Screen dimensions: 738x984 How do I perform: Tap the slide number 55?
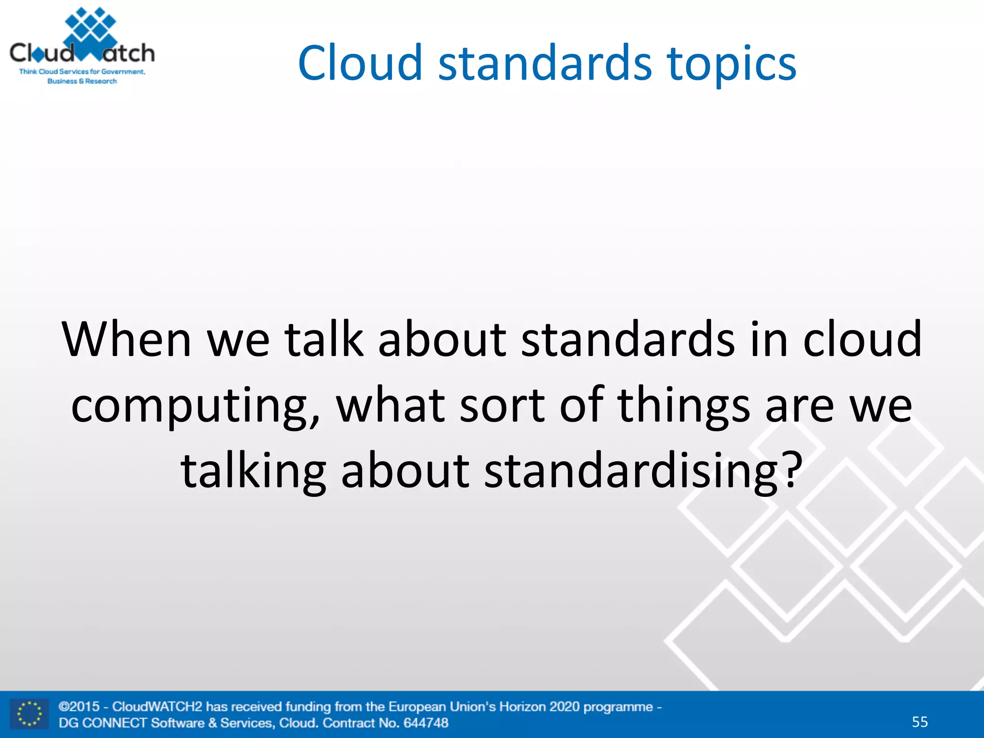[920, 722]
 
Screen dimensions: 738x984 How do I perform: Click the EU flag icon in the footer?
[29, 714]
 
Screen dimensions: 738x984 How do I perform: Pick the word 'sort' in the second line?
[502, 406]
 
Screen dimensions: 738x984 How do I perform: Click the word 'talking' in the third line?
[253, 472]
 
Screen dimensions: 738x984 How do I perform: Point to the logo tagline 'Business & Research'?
[82, 81]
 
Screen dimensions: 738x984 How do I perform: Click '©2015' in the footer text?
[79, 707]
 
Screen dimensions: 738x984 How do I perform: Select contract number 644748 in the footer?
[426, 723]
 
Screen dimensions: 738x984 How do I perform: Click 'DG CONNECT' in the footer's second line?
[102, 723]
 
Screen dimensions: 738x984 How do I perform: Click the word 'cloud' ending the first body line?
[862, 340]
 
